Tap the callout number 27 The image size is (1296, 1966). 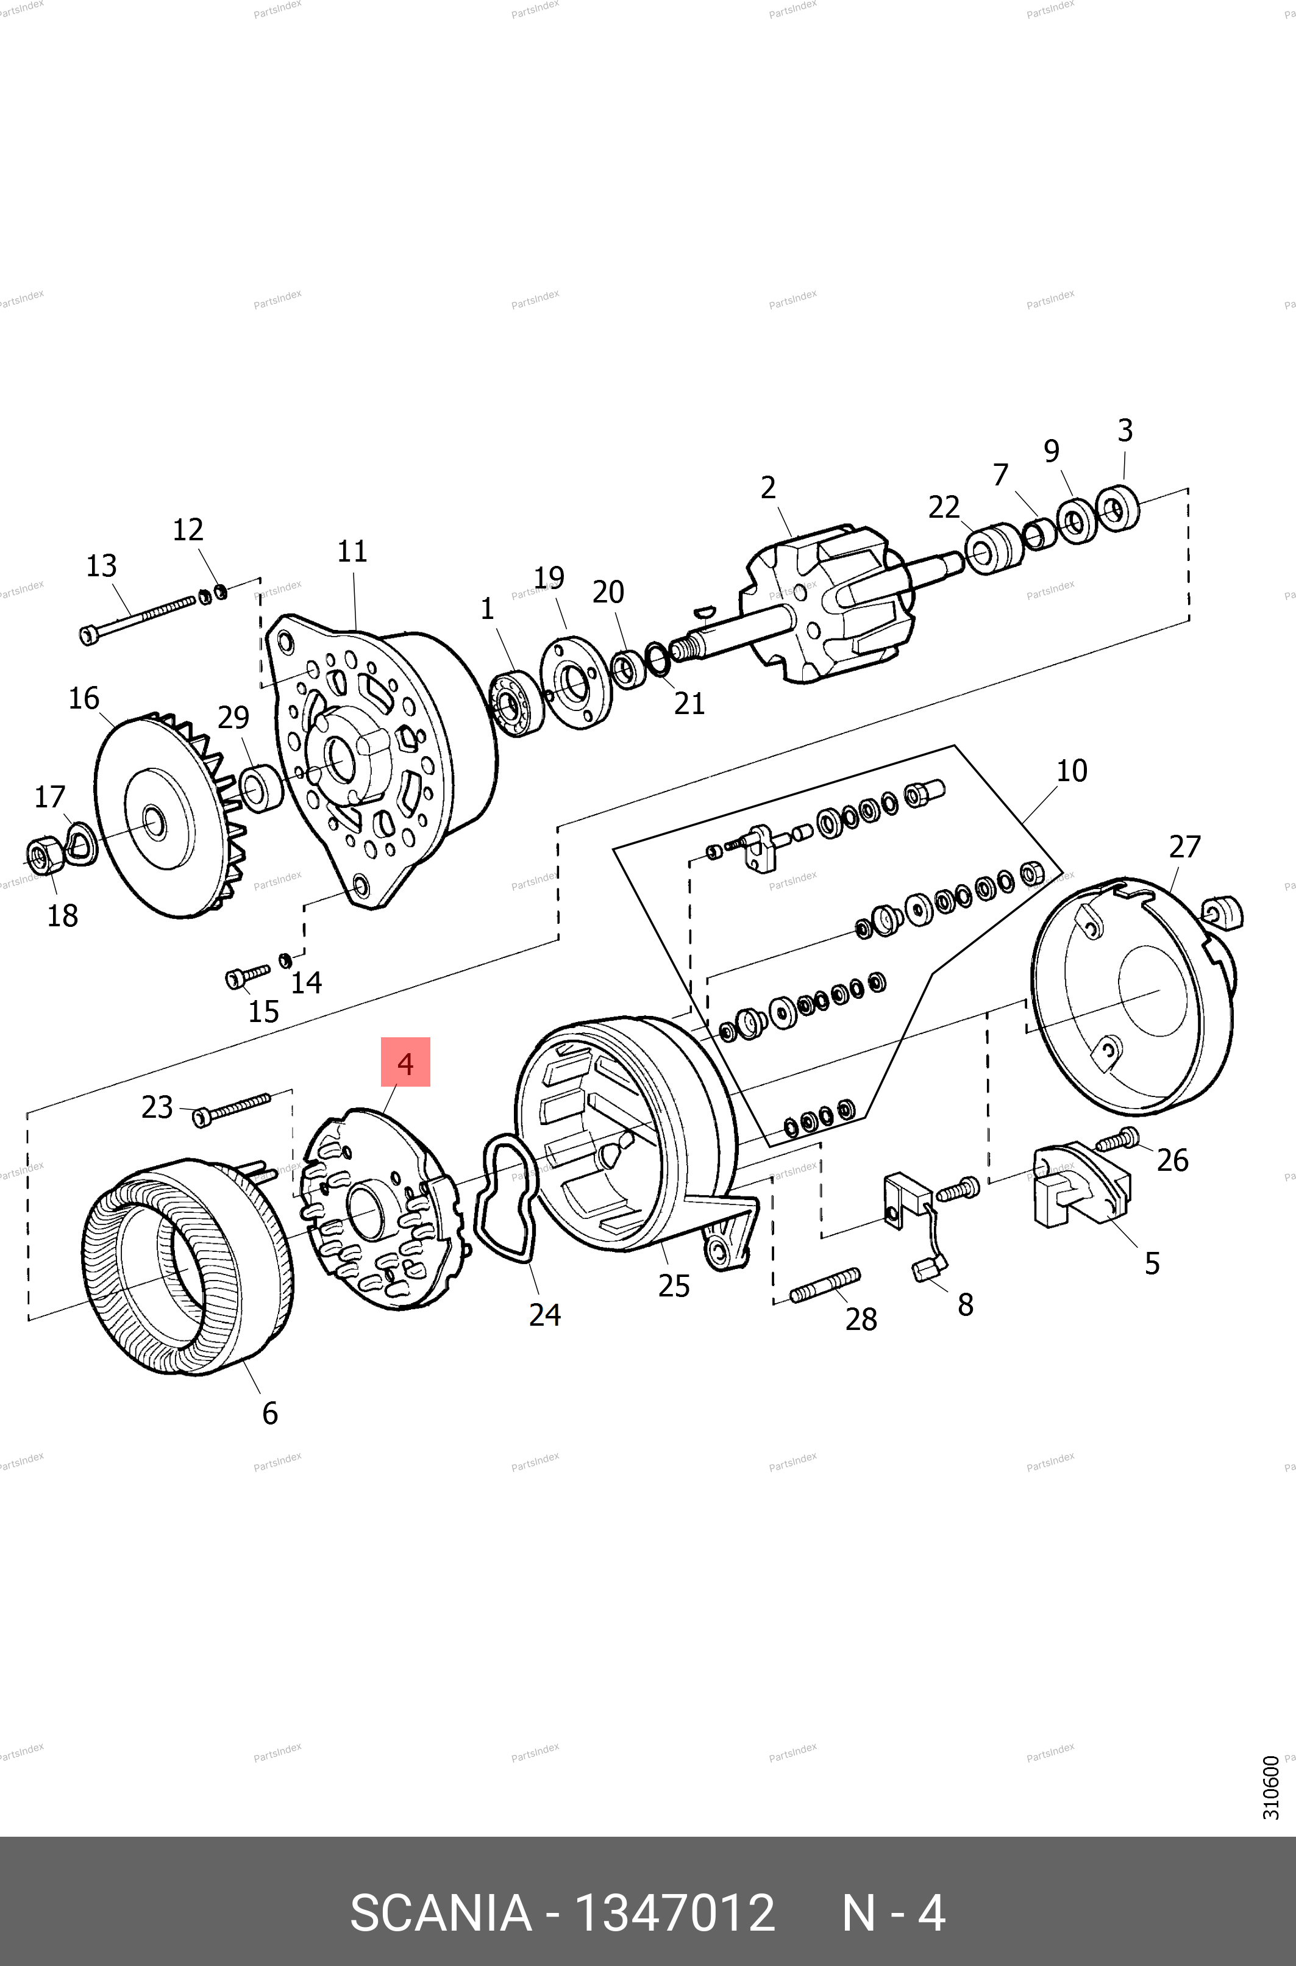[1184, 846]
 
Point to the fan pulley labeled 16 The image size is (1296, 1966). [157, 818]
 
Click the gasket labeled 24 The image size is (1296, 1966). [508, 1199]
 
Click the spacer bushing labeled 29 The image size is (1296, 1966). [260, 788]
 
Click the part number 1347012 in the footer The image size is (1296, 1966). [674, 1912]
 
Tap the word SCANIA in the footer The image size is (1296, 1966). [441, 1912]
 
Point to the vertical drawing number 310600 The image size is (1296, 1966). [1270, 1787]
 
